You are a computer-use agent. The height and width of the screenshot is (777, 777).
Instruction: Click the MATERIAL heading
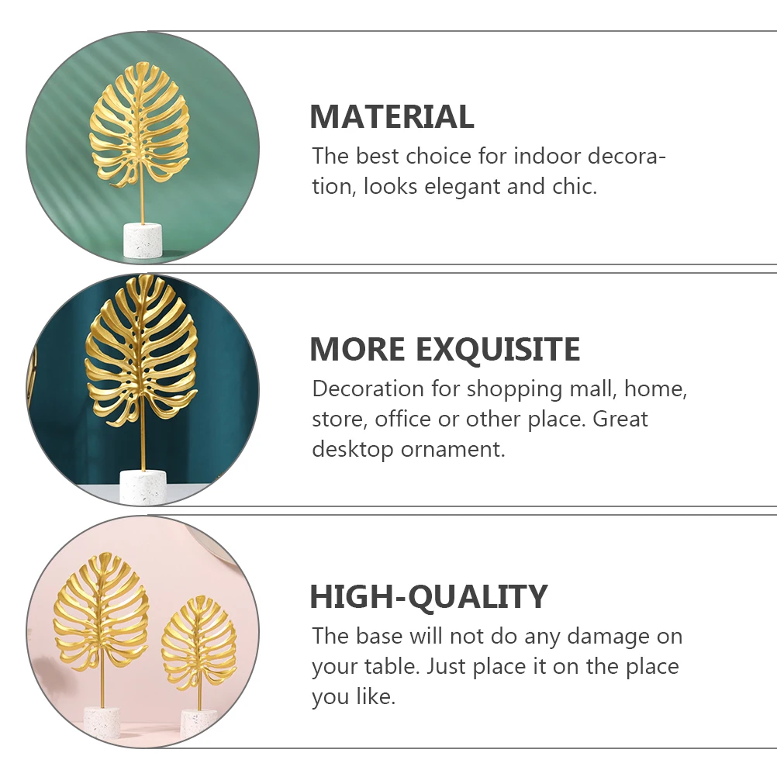click(392, 117)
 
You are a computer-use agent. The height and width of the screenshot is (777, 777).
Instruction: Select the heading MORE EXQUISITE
click(444, 350)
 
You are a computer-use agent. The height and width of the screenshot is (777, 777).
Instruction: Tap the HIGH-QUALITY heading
click(428, 597)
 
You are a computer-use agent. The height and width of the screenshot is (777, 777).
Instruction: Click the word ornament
click(452, 450)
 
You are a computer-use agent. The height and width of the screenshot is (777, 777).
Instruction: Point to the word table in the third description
click(393, 667)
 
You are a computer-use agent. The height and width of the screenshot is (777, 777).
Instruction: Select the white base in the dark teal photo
click(143, 486)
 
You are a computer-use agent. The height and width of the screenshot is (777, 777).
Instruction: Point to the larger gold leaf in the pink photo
click(101, 613)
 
